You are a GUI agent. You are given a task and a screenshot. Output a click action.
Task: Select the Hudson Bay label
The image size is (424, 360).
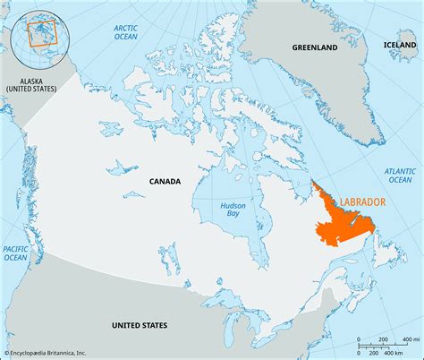(x=233, y=212)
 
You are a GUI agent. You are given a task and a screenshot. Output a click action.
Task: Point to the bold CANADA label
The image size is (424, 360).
(x=165, y=181)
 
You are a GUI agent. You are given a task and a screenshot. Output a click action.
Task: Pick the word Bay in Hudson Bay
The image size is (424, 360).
(x=233, y=218)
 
